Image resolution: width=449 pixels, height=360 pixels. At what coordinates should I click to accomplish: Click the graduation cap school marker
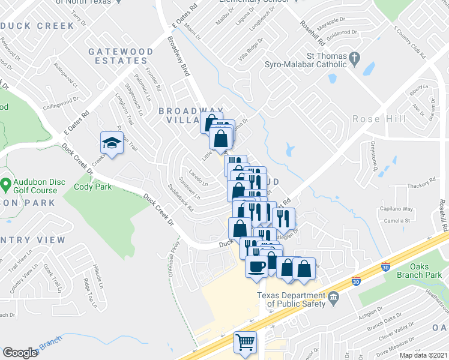(x=111, y=142)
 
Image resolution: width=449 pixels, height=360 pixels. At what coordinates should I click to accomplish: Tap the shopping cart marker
(x=246, y=342)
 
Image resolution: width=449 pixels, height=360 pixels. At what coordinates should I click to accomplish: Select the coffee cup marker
(x=256, y=266)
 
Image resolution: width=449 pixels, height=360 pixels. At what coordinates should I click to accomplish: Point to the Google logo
(x=20, y=353)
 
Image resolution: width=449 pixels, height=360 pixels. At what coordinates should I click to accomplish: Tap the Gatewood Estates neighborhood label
(x=121, y=57)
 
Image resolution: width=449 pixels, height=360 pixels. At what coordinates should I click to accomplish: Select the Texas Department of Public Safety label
(x=291, y=299)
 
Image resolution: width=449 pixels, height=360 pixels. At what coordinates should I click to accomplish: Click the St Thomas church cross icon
(x=355, y=58)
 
